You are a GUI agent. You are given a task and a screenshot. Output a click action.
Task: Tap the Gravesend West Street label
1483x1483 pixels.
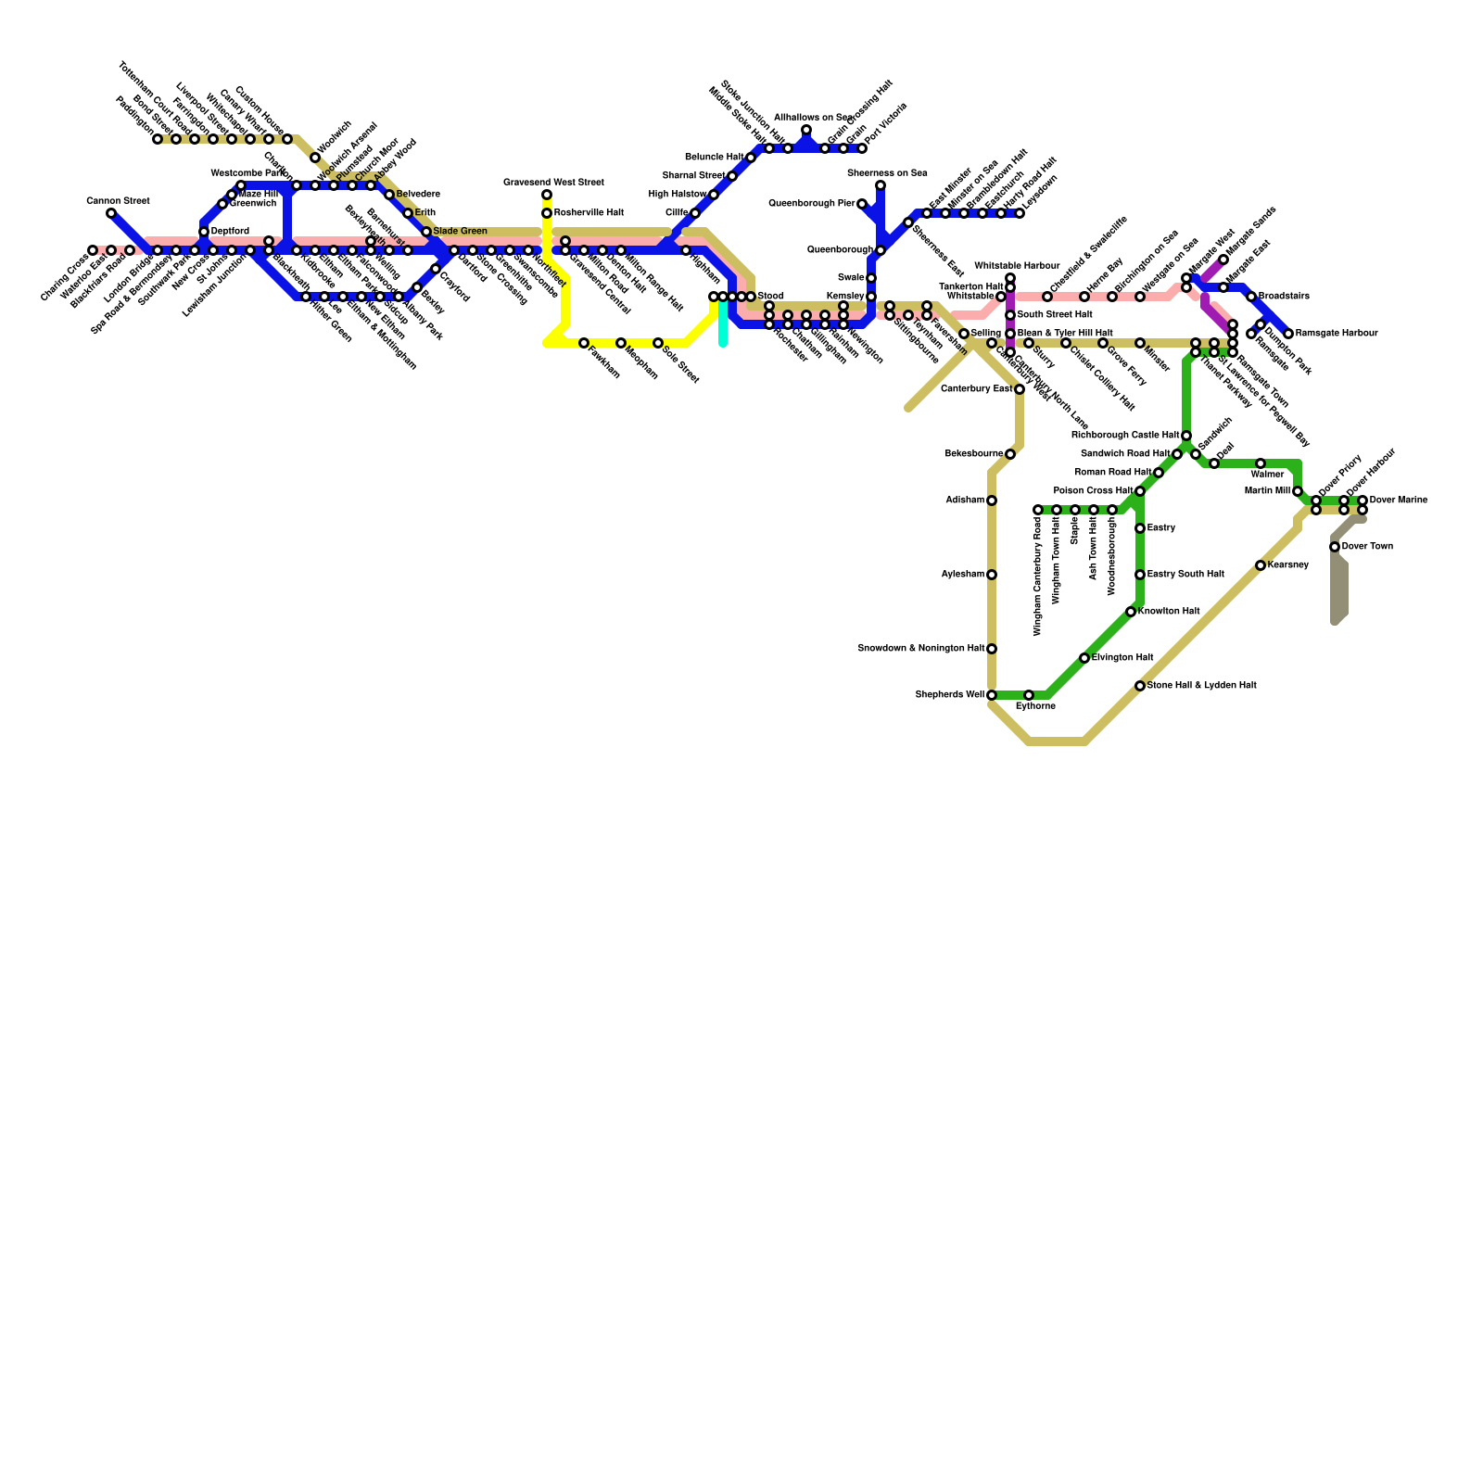(x=553, y=183)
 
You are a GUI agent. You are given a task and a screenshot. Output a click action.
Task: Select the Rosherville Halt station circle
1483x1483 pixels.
(x=547, y=213)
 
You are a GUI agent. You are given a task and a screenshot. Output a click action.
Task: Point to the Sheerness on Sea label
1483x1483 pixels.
(x=886, y=173)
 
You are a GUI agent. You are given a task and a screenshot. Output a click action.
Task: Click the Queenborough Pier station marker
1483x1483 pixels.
(x=862, y=204)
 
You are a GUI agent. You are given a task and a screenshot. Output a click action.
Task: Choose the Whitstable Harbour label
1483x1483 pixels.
(x=1016, y=266)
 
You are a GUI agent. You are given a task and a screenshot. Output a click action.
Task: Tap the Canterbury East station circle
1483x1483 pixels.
(x=1020, y=389)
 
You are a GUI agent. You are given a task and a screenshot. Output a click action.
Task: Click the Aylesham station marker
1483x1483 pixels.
(x=992, y=575)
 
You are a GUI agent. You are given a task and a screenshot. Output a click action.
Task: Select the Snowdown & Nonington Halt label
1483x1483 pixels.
(x=920, y=649)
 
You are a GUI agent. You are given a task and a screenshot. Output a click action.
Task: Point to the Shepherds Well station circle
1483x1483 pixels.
(x=992, y=695)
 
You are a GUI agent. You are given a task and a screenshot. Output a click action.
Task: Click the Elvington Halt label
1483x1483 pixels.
(x=1122, y=658)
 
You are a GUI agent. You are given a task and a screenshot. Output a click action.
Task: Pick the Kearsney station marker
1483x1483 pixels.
(x=1261, y=565)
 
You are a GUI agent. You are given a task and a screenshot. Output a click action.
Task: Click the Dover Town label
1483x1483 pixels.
(x=1367, y=547)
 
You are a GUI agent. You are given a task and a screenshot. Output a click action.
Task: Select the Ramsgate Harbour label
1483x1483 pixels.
(x=1337, y=334)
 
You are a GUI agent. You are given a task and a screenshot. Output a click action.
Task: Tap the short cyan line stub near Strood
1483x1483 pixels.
(x=723, y=329)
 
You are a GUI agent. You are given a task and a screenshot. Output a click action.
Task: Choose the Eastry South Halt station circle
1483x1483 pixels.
(x=1140, y=575)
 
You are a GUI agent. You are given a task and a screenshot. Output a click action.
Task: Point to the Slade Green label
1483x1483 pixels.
(x=460, y=232)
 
